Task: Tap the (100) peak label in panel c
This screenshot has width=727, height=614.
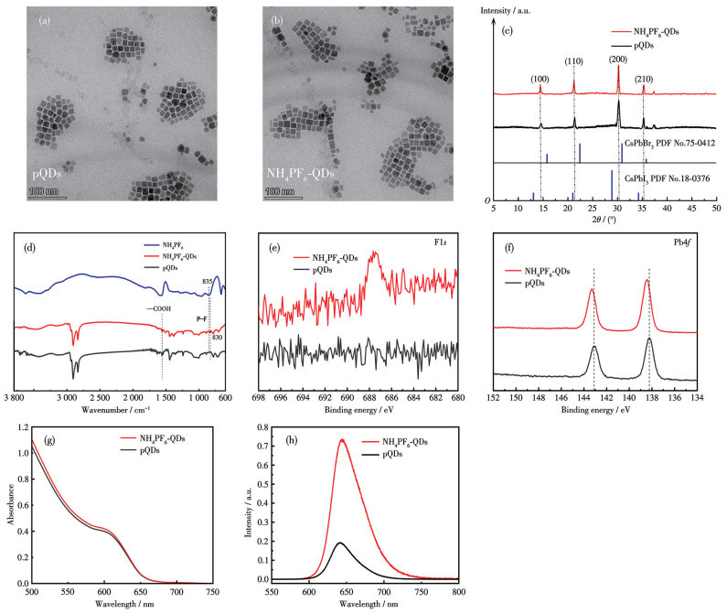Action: click(x=540, y=79)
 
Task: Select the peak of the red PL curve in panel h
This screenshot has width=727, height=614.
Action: click(x=342, y=440)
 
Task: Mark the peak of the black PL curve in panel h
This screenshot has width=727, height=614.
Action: click(x=340, y=543)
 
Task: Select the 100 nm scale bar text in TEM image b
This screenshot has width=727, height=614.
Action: click(x=277, y=191)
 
